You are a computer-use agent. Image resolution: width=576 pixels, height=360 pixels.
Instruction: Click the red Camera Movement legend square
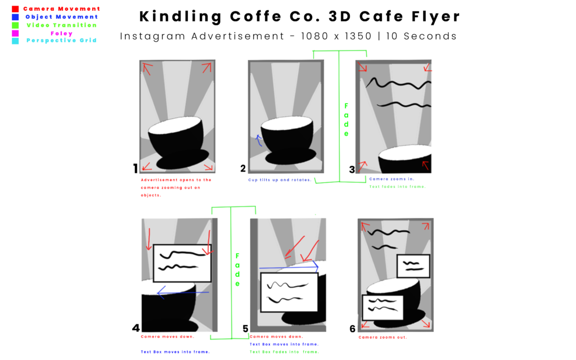click(15, 9)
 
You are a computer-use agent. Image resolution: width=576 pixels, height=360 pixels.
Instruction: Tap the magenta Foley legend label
click(62, 33)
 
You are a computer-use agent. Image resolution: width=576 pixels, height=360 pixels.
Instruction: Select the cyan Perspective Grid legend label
click(62, 40)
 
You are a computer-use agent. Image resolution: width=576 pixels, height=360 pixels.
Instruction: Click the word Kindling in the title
click(181, 16)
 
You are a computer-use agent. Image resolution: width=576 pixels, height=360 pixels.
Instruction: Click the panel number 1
click(136, 168)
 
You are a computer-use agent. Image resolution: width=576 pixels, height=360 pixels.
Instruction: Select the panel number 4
click(136, 328)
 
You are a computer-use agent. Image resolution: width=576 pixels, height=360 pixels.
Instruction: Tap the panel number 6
click(352, 328)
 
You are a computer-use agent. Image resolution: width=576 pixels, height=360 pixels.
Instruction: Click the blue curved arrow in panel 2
click(259, 140)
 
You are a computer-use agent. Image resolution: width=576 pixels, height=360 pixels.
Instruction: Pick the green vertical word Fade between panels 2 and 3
click(346, 120)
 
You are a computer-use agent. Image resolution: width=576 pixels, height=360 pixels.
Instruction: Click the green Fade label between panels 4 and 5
click(237, 269)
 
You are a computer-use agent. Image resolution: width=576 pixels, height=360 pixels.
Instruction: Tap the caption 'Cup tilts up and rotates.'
click(280, 180)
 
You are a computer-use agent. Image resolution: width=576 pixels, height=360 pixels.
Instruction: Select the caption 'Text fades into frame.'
click(397, 187)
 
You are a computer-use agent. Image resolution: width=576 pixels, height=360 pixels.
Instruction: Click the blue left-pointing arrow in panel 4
click(183, 292)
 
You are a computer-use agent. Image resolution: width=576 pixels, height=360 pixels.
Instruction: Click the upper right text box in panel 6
click(413, 266)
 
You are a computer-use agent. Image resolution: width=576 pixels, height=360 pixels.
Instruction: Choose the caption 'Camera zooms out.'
click(382, 337)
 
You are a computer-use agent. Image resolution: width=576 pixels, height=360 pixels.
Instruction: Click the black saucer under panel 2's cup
click(291, 157)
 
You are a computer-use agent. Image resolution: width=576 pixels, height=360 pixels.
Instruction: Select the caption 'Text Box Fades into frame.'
click(284, 352)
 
